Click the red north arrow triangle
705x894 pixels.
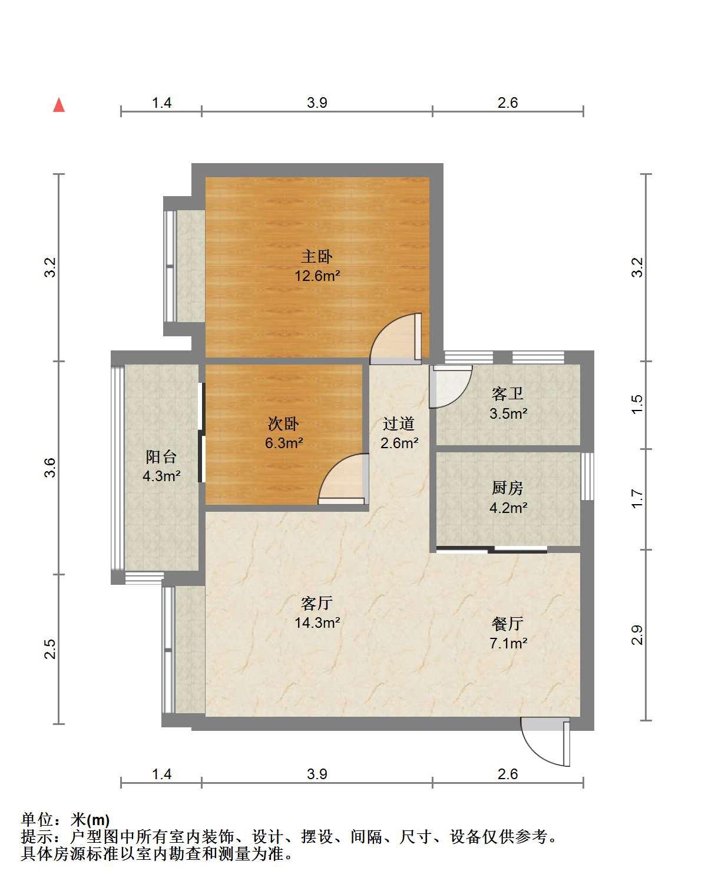(x=59, y=105)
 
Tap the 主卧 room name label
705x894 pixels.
(x=316, y=257)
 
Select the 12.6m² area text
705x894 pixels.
(x=317, y=276)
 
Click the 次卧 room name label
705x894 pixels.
(x=283, y=424)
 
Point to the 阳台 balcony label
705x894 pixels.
(x=161, y=457)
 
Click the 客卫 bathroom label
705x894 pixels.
(x=507, y=393)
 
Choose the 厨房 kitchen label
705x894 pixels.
(x=507, y=488)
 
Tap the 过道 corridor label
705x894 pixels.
(x=398, y=424)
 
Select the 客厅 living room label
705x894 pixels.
(x=316, y=604)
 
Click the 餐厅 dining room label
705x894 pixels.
(x=507, y=624)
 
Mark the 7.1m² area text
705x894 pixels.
(x=508, y=643)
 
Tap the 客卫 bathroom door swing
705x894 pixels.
(x=451, y=386)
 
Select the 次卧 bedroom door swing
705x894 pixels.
(x=343, y=479)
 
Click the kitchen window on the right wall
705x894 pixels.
(x=587, y=476)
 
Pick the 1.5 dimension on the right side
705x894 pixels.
(x=637, y=405)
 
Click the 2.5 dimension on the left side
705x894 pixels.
(x=49, y=650)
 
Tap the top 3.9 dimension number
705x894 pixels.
(x=317, y=102)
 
